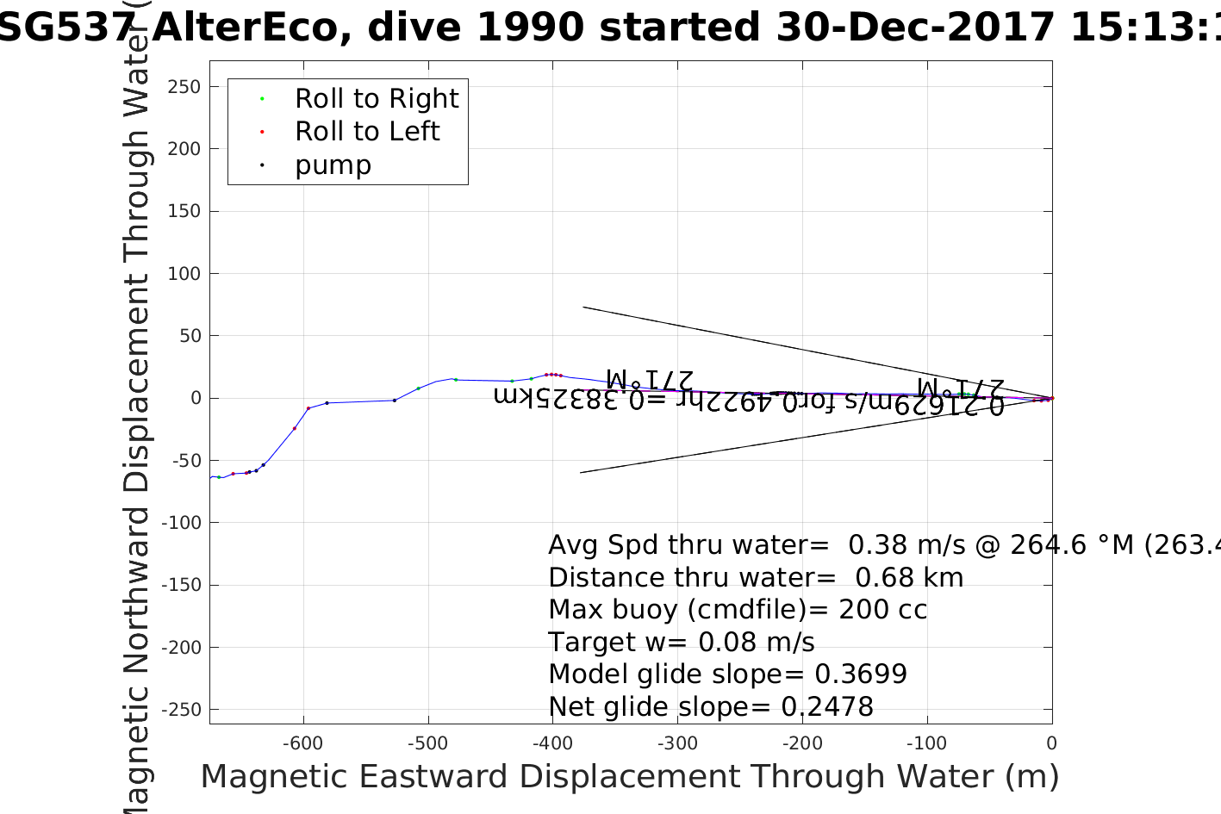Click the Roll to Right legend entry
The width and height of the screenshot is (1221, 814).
pos(377,99)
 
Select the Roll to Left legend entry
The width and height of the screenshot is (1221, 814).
pos(367,132)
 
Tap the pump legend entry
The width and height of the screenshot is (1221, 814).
pos(333,165)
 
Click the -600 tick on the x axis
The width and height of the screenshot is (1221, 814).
pos(303,743)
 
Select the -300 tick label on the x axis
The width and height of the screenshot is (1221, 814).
pos(678,743)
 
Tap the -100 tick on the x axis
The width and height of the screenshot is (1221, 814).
pos(927,743)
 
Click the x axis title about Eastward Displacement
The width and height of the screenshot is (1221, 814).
pos(629,777)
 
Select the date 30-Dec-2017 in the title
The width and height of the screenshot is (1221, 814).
pos(915,28)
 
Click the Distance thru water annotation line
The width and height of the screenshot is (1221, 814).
pos(756,577)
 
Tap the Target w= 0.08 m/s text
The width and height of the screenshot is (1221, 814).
pos(681,642)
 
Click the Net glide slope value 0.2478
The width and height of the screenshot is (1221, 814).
pos(827,707)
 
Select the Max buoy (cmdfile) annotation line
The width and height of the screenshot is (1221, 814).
pos(738,610)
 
